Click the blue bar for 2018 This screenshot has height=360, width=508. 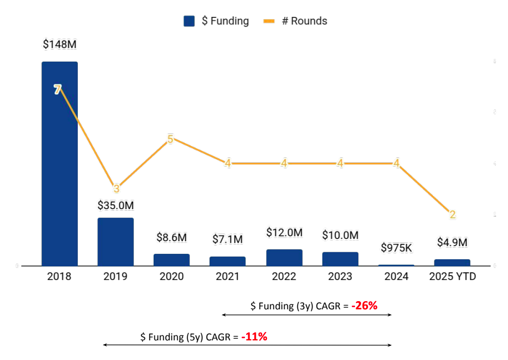[60, 163]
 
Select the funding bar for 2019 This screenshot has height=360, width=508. [115, 242]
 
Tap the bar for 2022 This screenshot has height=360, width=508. [284, 258]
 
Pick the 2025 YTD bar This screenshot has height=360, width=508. [452, 263]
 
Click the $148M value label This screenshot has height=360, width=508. [60, 45]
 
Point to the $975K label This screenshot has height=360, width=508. [396, 248]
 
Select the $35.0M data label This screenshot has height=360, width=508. [115, 205]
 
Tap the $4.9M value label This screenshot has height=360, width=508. [452, 242]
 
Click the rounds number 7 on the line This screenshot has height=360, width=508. [58, 90]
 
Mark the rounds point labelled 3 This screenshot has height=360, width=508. [116, 189]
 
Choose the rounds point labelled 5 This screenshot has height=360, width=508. [170, 139]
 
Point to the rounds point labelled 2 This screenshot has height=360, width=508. [452, 215]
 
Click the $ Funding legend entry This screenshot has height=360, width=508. [217, 21]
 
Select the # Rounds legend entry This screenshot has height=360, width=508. [297, 21]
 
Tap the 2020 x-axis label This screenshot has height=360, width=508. [172, 277]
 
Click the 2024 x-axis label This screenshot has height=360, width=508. [396, 277]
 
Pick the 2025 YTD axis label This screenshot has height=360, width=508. [452, 277]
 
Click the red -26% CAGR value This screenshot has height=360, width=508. [364, 306]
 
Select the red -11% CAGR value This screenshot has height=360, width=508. [254, 337]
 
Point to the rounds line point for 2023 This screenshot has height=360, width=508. [340, 163]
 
